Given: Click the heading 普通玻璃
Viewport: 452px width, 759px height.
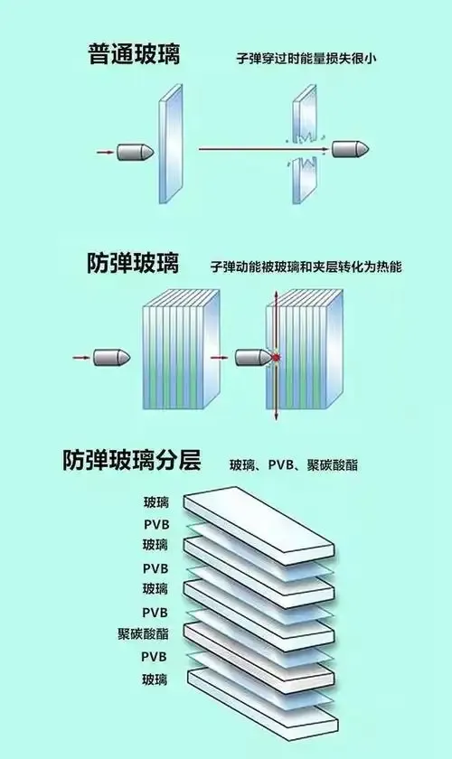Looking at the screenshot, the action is (x=134, y=53).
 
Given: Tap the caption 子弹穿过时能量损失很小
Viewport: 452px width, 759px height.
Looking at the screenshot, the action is (x=306, y=59).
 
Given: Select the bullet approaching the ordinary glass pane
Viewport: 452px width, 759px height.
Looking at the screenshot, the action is (x=136, y=153).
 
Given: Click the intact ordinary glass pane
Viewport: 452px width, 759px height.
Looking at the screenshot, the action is (x=171, y=145).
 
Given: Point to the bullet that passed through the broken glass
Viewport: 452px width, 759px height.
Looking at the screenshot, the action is (x=351, y=149).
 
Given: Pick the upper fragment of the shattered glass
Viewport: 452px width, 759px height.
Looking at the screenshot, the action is (x=306, y=114).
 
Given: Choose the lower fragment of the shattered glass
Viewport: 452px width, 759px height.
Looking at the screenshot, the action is (x=306, y=179).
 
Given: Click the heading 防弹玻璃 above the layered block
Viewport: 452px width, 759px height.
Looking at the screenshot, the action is (x=133, y=263).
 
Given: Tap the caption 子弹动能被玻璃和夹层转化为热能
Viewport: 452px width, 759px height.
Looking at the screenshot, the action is (x=306, y=267).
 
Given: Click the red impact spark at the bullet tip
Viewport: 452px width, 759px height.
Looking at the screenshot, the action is (x=276, y=357).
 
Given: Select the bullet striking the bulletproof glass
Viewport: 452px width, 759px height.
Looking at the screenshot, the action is (x=254, y=358).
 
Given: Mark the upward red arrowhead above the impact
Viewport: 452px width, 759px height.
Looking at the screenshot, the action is (x=276, y=295).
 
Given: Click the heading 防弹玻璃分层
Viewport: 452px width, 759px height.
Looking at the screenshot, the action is (x=131, y=460).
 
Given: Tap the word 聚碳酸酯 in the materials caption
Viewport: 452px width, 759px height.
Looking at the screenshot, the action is (x=333, y=465).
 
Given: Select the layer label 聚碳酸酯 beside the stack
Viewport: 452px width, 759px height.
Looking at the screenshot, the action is (x=143, y=633).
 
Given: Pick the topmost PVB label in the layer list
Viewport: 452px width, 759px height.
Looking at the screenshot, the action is (x=156, y=525).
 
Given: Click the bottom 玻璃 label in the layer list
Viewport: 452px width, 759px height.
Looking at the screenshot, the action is (x=155, y=679).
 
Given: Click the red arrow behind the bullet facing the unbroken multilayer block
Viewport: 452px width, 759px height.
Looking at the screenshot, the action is (x=81, y=358).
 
